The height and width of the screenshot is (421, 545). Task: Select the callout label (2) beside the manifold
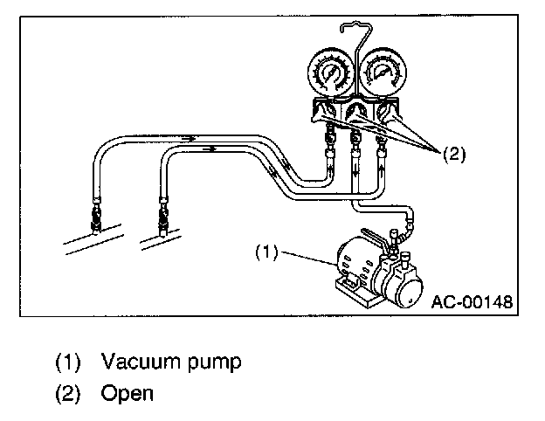(x=455, y=155)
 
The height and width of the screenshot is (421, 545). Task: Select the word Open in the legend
(x=127, y=393)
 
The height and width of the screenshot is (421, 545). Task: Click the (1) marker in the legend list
(x=69, y=361)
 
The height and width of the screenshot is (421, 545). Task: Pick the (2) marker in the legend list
(x=69, y=393)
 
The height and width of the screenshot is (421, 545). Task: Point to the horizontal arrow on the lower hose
(x=209, y=149)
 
